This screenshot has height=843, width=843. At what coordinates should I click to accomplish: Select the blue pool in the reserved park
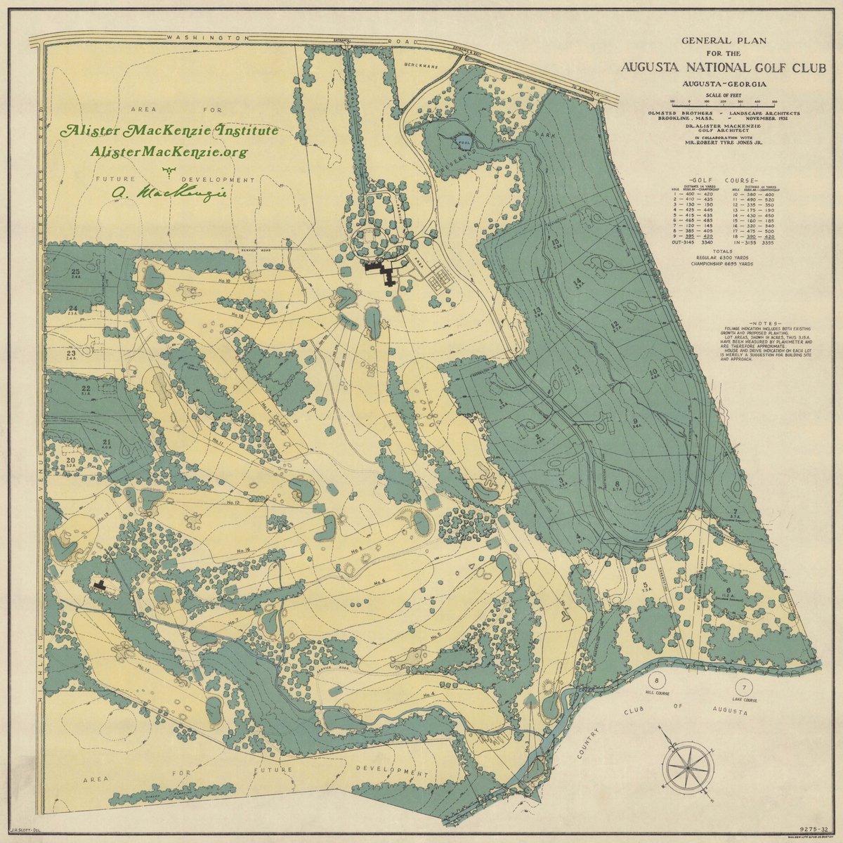[x=462, y=140]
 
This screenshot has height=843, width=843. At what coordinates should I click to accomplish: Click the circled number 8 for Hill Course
[x=658, y=681]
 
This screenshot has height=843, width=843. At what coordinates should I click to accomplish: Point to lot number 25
[x=74, y=270]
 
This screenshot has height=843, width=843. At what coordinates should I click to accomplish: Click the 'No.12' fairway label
[x=233, y=503]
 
